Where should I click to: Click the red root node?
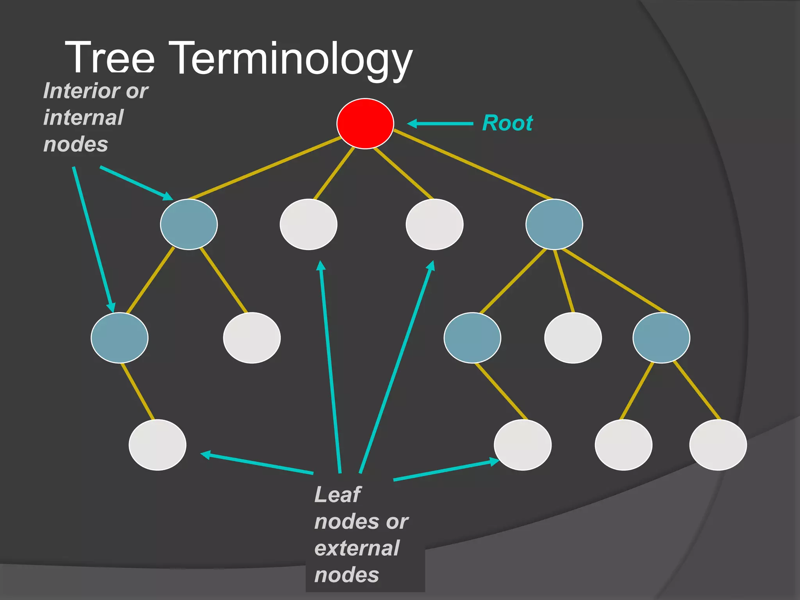click(365, 123)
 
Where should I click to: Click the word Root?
click(507, 123)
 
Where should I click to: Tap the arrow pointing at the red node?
click(441, 123)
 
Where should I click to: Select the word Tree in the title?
click(110, 59)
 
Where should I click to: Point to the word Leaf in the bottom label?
click(337, 495)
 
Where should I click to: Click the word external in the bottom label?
click(357, 548)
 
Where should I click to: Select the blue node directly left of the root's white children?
click(189, 224)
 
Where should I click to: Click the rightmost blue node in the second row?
click(554, 224)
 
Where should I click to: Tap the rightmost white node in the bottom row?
click(718, 445)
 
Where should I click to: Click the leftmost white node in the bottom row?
click(157, 445)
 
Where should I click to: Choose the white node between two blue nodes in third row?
click(573, 337)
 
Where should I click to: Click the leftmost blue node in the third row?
click(120, 337)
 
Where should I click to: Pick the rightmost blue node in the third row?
click(661, 337)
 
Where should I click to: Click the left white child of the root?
click(309, 224)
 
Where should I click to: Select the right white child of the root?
click(434, 224)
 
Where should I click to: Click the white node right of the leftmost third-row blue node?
click(252, 337)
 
